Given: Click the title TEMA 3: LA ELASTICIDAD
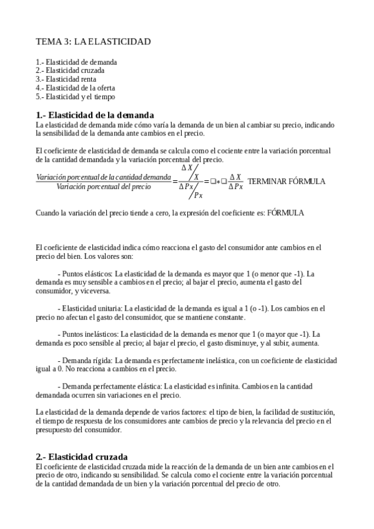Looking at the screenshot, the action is pyautogui.click(x=93, y=42).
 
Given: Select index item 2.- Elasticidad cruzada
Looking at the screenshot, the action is pyautogui.click(x=70, y=70).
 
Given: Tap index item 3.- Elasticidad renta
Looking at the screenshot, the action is pyautogui.click(x=66, y=79).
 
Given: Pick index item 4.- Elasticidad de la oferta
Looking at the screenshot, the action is pyautogui.click(x=76, y=88).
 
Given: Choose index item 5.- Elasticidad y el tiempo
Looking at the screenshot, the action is pyautogui.click(x=76, y=97).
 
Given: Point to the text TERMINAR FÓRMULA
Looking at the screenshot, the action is pyautogui.click(x=287, y=181).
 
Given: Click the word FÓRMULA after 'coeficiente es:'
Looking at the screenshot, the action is pyautogui.click(x=285, y=213).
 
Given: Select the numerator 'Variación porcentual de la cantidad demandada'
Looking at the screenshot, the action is pyautogui.click(x=103, y=177).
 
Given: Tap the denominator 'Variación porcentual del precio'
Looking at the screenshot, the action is pyautogui.click(x=103, y=186).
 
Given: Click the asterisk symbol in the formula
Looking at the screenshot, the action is pyautogui.click(x=218, y=182).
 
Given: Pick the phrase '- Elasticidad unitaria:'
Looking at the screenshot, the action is pyautogui.click(x=90, y=308).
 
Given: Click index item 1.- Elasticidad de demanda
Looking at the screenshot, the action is pyautogui.click(x=77, y=62).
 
